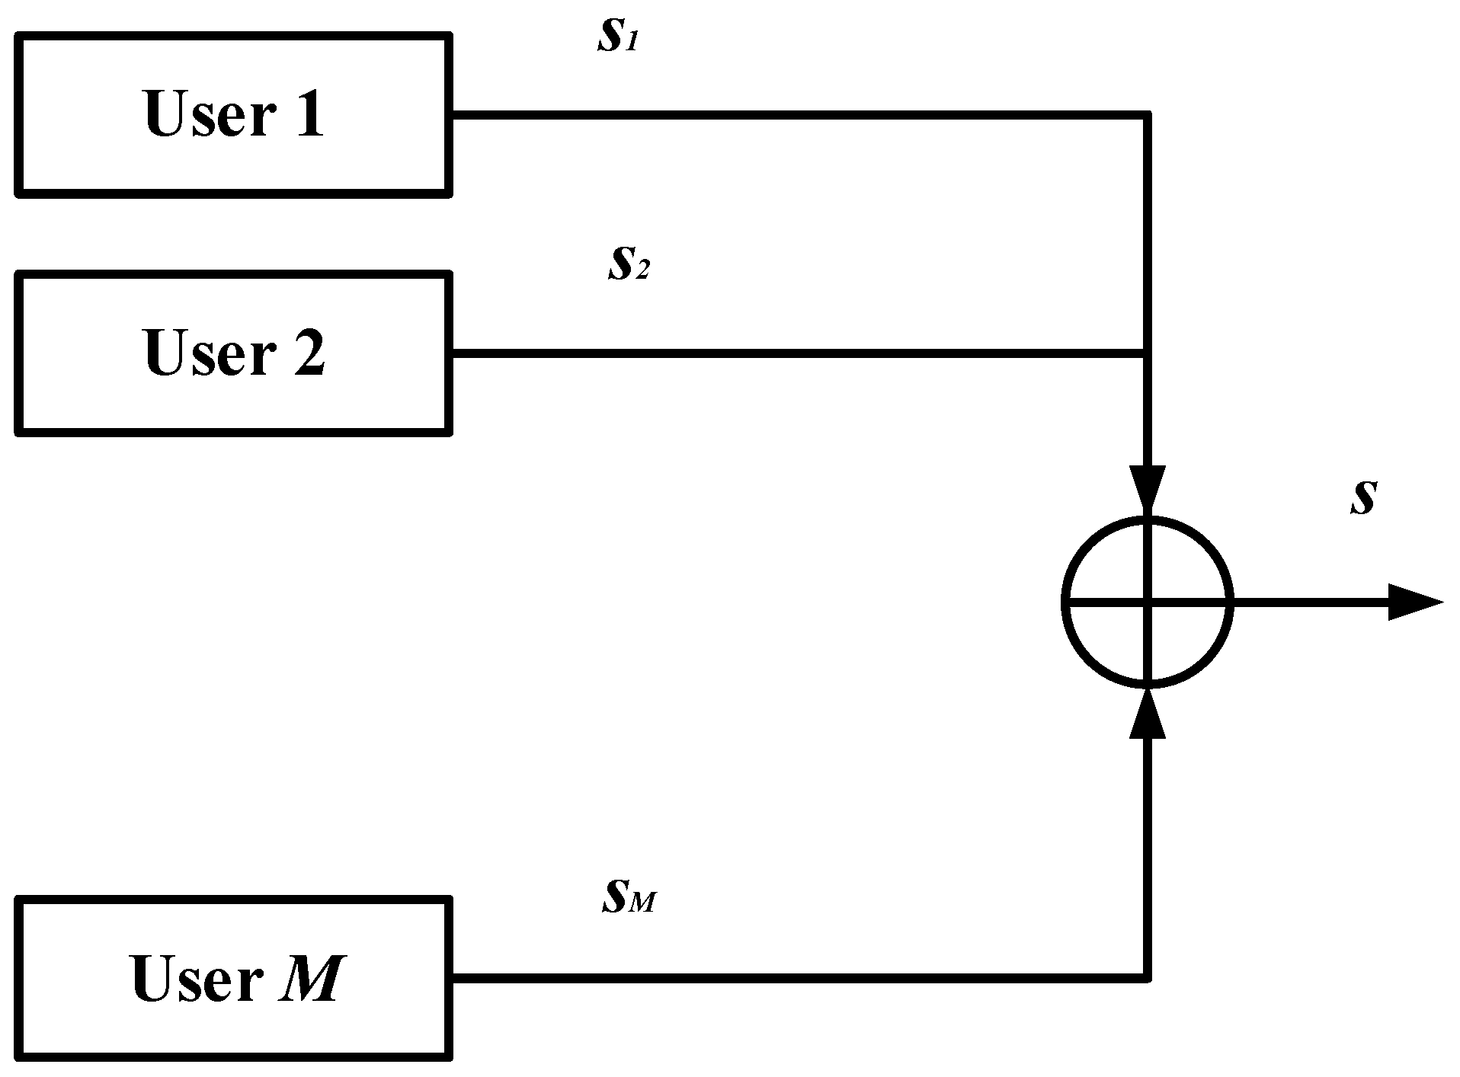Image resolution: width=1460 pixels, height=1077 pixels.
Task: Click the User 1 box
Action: click(233, 114)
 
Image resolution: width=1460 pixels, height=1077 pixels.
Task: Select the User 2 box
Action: click(233, 353)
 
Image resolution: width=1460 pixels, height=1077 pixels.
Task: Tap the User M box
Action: click(233, 979)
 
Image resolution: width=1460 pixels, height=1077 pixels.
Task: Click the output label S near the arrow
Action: click(1362, 498)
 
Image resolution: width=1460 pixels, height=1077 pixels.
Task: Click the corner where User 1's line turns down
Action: click(1146, 116)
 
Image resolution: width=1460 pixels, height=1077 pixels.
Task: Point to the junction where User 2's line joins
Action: click(1146, 353)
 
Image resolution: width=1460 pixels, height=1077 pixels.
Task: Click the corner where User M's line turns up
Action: click(1146, 977)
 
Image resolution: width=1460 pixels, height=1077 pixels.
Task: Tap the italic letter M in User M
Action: click(309, 979)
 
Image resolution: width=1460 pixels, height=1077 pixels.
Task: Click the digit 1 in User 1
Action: click(309, 114)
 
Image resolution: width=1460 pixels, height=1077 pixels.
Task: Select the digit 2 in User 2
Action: click(309, 353)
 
